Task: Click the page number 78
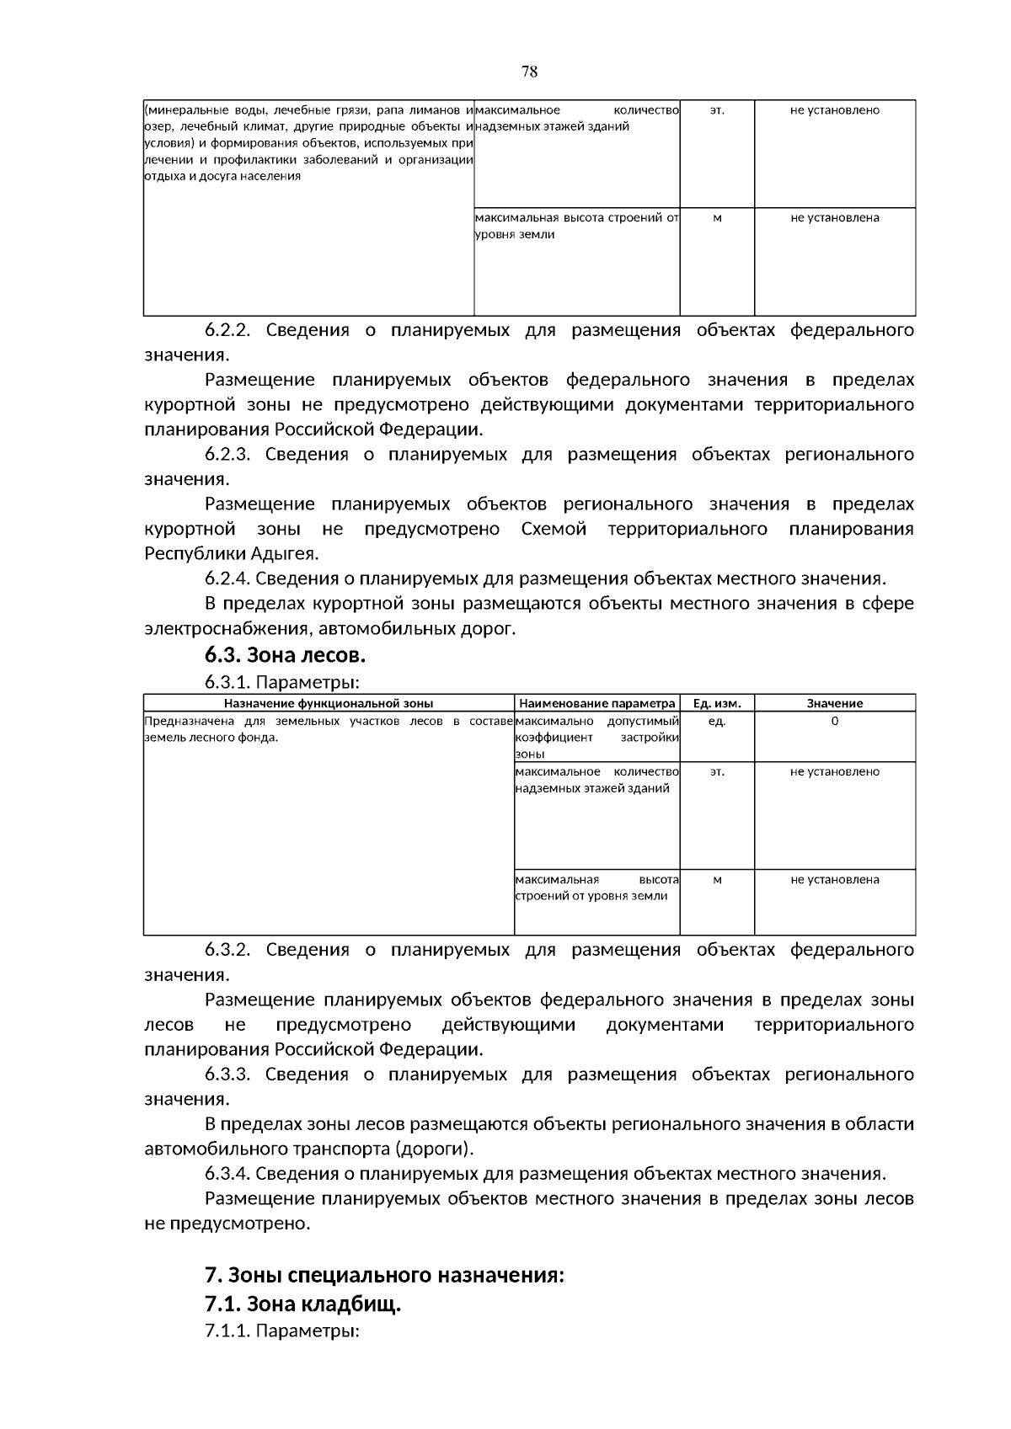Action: click(529, 72)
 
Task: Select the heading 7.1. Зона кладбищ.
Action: click(302, 1304)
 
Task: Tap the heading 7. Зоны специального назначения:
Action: click(383, 1274)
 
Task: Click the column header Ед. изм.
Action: click(716, 703)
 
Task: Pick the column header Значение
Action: click(834, 703)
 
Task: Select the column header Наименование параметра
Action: click(596, 703)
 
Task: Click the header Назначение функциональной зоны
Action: click(329, 703)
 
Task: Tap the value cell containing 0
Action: click(834, 722)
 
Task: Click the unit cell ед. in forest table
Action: click(716, 722)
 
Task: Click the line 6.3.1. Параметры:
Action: click(282, 681)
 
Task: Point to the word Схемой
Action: click(553, 529)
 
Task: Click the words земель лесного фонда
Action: click(210, 738)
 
